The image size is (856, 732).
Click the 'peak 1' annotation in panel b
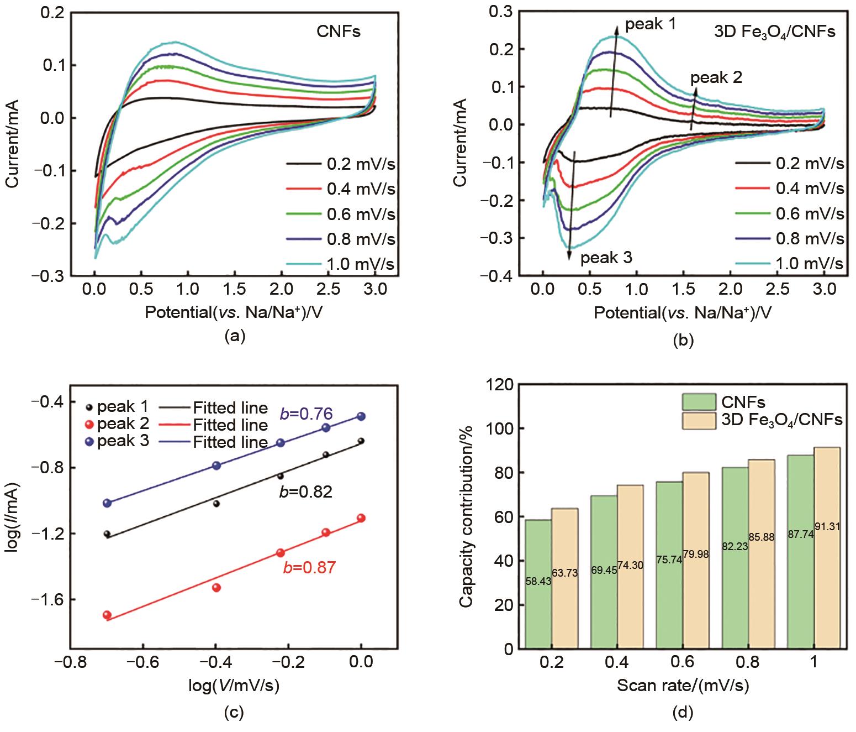649,24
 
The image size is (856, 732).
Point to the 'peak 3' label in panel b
606,258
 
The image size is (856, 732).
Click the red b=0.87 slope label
309,567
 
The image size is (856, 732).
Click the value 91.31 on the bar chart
827,527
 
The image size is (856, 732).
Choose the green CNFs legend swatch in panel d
697,401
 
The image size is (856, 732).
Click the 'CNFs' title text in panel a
338,32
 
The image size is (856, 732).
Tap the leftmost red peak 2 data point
107,615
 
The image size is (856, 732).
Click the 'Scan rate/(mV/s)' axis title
683,686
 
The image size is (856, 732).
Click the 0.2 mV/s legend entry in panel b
789,164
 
